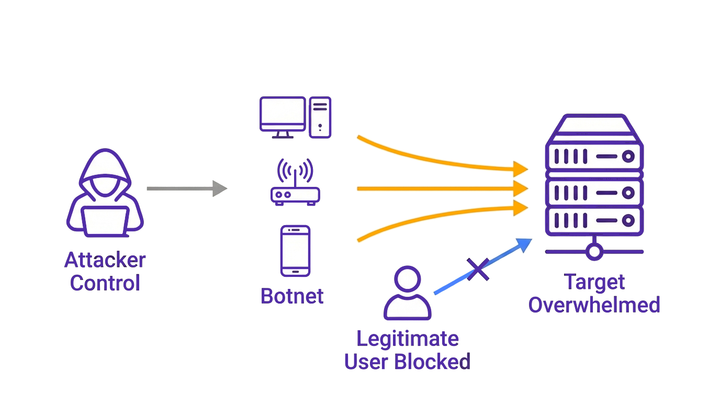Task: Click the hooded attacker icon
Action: point(105,191)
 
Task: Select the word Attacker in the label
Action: point(105,260)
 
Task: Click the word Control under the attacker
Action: point(105,283)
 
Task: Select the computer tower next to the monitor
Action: point(320,117)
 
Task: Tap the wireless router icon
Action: point(295,195)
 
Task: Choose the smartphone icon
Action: point(295,251)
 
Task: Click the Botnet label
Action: point(292,296)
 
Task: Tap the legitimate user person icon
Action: point(407,293)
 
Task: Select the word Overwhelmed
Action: point(594,305)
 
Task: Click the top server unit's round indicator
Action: point(628,156)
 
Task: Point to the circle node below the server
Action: point(594,252)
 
